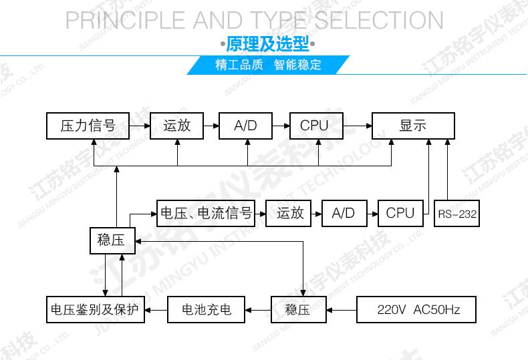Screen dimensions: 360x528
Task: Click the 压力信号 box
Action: click(x=88, y=125)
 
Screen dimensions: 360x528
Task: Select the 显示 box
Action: click(x=413, y=125)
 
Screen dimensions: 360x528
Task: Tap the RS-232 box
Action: click(x=457, y=214)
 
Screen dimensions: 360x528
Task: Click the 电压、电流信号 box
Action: click(x=206, y=213)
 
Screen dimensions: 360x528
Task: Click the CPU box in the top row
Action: click(x=314, y=125)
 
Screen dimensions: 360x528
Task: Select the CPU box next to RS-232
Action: click(x=400, y=213)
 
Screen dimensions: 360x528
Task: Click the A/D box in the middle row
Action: click(x=344, y=213)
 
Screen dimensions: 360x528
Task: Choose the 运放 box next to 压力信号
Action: click(x=177, y=125)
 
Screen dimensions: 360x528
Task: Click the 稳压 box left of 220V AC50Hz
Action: click(x=298, y=310)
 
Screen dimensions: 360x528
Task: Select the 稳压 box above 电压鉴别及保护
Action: click(x=112, y=240)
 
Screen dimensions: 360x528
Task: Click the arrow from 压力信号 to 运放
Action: click(x=138, y=125)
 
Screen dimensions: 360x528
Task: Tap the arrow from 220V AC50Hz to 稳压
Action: click(x=342, y=310)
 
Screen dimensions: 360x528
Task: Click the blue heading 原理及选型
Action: click(x=267, y=45)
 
